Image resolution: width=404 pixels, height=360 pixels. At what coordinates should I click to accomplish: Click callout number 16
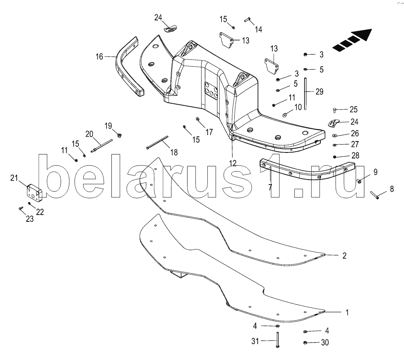99,57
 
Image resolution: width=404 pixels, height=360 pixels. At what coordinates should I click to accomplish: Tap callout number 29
319,92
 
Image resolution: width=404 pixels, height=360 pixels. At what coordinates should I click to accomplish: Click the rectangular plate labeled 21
34,192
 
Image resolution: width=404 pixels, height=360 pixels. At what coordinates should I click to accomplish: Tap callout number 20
89,134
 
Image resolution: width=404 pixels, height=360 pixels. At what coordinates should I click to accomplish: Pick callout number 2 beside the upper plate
344,255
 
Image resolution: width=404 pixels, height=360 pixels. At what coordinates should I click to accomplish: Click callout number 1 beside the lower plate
347,312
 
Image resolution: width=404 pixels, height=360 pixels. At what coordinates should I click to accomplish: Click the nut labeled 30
305,343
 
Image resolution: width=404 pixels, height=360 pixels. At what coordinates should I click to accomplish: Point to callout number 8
392,189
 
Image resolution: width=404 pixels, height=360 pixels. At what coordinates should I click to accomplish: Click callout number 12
232,163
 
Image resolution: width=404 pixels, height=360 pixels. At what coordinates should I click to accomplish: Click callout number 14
258,29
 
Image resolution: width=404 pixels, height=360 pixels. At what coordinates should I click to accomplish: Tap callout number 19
108,126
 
